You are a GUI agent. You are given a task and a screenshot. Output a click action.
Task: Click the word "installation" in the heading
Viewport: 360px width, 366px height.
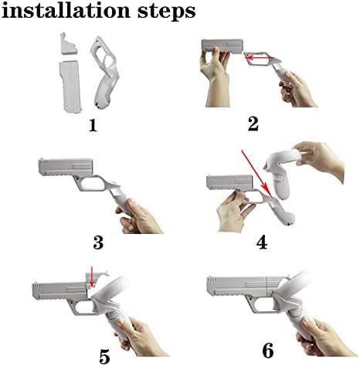(x=66, y=11)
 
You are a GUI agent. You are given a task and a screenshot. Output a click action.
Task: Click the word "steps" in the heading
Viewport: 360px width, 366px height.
(x=167, y=13)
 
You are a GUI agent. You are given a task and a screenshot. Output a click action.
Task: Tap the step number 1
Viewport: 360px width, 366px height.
(x=93, y=126)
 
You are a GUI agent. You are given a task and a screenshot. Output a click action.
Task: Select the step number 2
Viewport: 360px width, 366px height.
(x=253, y=124)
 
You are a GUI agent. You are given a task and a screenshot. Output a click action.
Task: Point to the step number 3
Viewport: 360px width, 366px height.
(x=98, y=242)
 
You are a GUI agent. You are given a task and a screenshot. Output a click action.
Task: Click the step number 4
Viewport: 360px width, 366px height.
(x=262, y=242)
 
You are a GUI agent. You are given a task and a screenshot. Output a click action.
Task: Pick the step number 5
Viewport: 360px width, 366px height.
(x=104, y=356)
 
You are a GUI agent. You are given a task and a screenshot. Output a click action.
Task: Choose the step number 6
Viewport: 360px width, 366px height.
(x=268, y=351)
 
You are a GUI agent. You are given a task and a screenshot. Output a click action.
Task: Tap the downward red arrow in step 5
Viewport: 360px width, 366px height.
(x=91, y=276)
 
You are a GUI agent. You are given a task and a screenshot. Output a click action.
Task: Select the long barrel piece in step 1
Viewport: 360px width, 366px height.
(x=70, y=86)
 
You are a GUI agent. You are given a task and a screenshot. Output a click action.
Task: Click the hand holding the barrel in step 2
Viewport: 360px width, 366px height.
(x=214, y=77)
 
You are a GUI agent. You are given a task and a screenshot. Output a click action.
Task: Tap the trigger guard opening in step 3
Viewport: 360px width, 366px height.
(x=92, y=184)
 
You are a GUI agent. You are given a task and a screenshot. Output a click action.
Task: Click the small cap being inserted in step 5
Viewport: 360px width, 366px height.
(x=95, y=281)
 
